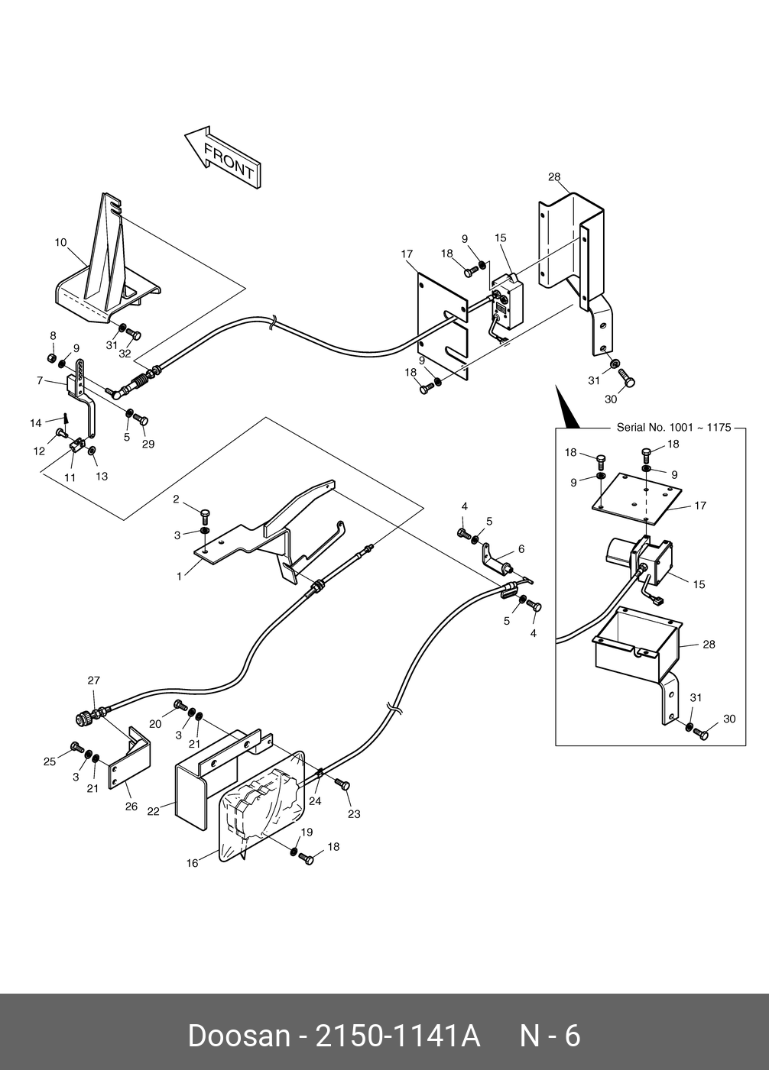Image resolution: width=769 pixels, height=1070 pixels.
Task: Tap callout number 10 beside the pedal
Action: coord(60,243)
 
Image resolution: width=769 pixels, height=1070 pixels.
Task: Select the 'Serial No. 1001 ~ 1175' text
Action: coord(674,428)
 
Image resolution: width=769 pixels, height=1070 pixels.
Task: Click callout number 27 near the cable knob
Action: coord(94,680)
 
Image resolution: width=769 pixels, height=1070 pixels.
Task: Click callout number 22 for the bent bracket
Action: coord(153,812)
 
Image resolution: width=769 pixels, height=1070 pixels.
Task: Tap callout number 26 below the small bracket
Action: coord(131,807)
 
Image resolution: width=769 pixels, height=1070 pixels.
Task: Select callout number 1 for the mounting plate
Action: coord(180,577)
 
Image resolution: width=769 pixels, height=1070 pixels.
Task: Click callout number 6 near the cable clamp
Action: coord(521,549)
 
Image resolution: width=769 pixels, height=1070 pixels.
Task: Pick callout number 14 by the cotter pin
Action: coord(36,423)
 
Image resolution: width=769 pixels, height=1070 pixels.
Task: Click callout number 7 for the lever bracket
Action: coord(40,380)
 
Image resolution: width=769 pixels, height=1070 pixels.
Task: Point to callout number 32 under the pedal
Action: coord(125,354)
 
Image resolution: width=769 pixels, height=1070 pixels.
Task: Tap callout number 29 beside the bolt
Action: coord(148,444)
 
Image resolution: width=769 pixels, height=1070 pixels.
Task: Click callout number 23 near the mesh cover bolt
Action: coord(354,814)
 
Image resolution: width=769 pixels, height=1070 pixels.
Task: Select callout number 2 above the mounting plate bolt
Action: coord(176,499)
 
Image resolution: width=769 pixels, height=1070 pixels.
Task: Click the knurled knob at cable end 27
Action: coord(83,717)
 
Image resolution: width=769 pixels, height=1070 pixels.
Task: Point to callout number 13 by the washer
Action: coord(102,477)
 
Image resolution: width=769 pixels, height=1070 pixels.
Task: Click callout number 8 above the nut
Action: coord(53,336)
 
